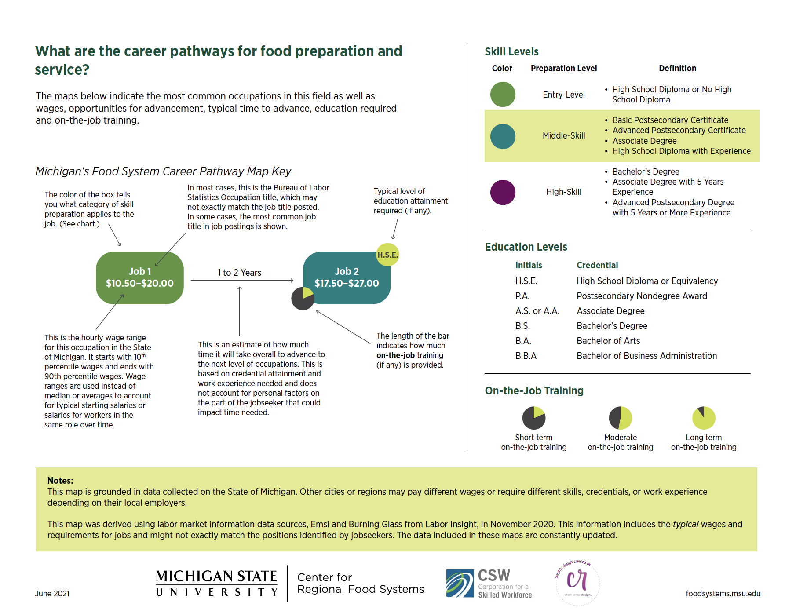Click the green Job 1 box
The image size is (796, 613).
click(x=139, y=277)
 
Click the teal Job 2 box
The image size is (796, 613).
click(x=347, y=277)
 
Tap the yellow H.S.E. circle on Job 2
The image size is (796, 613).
click(x=387, y=255)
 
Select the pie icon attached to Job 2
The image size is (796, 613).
click(x=303, y=299)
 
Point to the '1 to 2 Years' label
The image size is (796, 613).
click(x=239, y=273)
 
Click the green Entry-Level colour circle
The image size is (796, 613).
click(x=503, y=94)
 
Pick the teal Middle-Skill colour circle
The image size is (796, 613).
click(x=503, y=136)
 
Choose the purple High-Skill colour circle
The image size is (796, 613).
click(x=503, y=192)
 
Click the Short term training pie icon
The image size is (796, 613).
click(x=533, y=418)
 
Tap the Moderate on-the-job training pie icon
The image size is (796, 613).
click(x=620, y=418)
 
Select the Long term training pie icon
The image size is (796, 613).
click(x=704, y=418)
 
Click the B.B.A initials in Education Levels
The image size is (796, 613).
click(x=526, y=356)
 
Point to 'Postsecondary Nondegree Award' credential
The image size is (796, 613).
click(x=642, y=296)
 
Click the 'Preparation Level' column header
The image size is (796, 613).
click(x=563, y=68)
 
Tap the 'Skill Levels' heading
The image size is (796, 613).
click(x=511, y=52)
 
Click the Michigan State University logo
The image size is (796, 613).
click(x=216, y=583)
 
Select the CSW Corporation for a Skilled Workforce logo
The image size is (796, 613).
click(x=489, y=584)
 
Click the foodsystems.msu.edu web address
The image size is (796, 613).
click(x=723, y=594)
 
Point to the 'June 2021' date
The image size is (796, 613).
click(x=52, y=594)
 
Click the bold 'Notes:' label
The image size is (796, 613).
click(x=60, y=481)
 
